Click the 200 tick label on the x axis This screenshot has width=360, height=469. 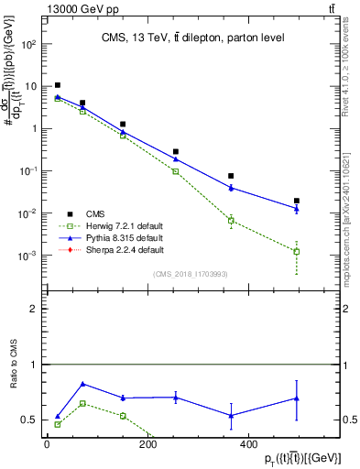click(x=147, y=444)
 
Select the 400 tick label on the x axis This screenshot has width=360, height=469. click(x=247, y=444)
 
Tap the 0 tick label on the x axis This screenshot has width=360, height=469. click(x=47, y=444)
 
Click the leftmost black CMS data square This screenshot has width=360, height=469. click(x=58, y=85)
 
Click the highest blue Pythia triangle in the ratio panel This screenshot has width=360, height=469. click(x=83, y=384)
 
